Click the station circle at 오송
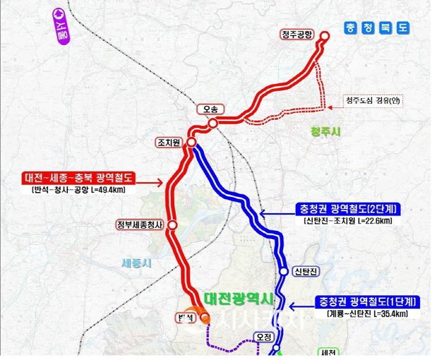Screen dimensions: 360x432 (x=212, y=123)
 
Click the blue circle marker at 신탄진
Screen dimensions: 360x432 (x=283, y=271)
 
